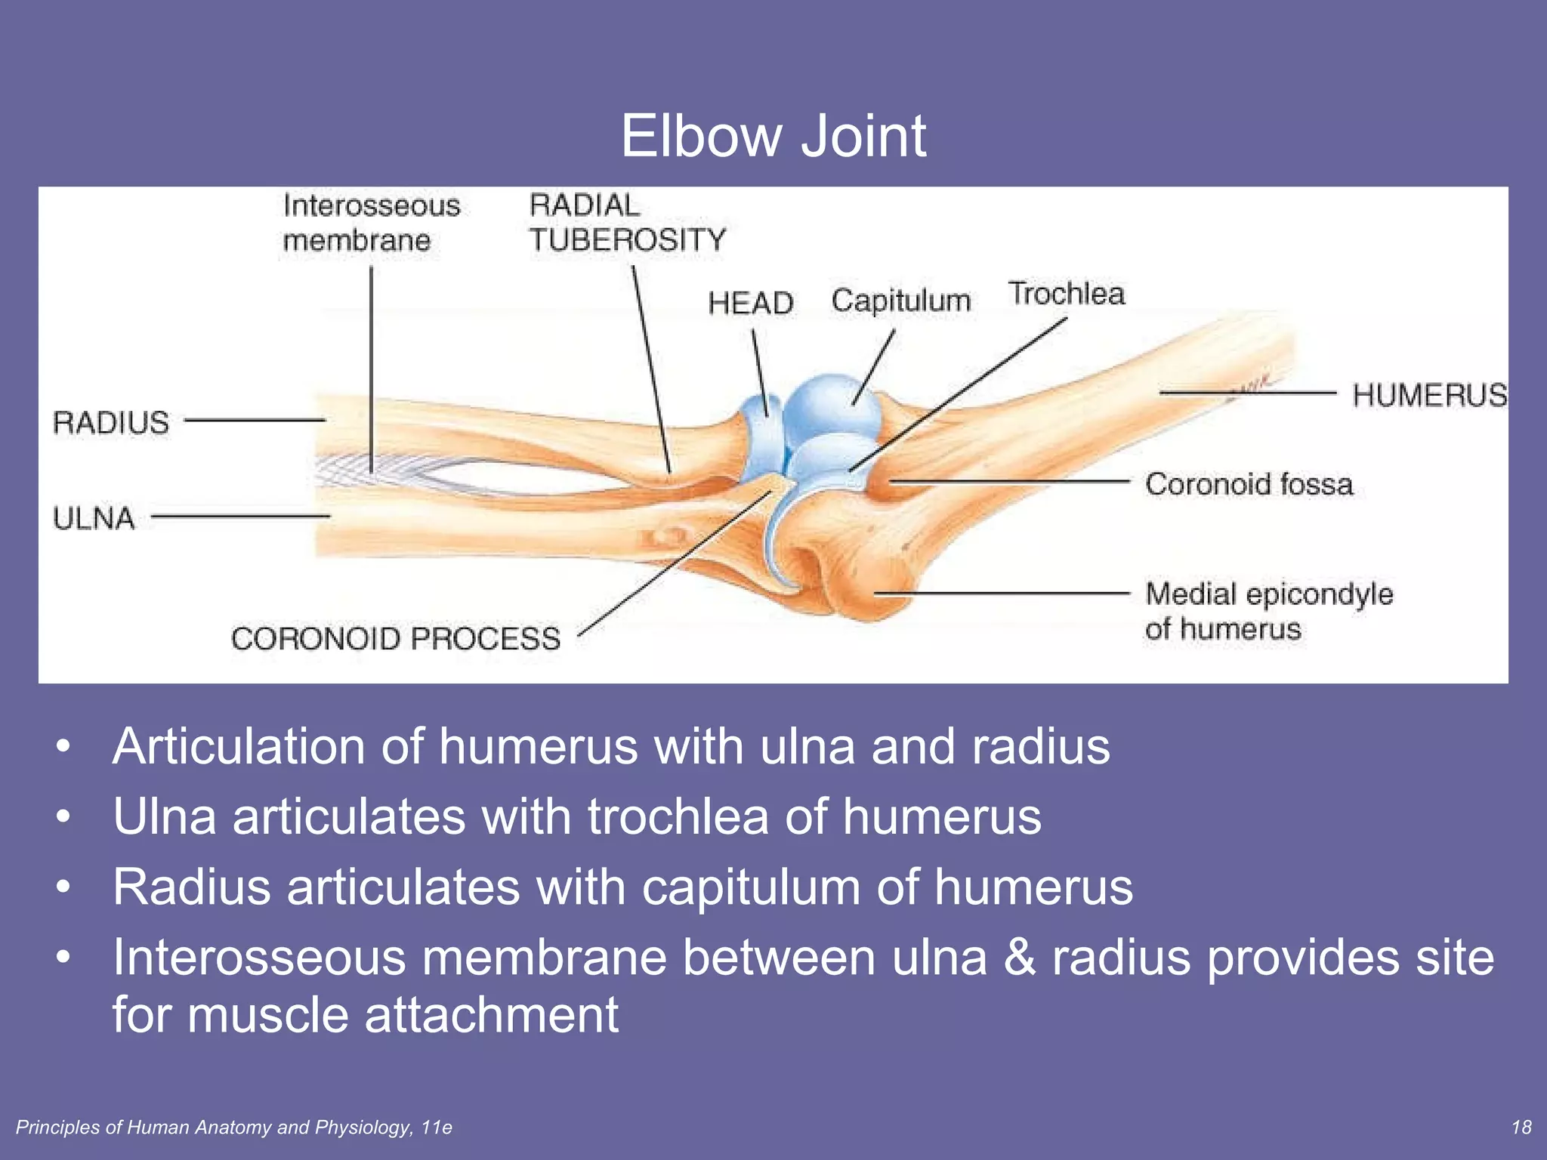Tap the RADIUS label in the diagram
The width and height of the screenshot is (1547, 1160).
[x=111, y=422]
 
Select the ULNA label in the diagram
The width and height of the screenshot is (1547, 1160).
[x=94, y=519]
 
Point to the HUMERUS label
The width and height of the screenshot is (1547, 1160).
[x=1428, y=395]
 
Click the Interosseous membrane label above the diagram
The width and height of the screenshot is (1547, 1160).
[x=371, y=223]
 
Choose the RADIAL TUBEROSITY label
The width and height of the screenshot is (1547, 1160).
[x=626, y=223]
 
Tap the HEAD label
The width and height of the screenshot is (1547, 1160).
[x=750, y=303]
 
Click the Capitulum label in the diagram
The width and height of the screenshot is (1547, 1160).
[x=900, y=301]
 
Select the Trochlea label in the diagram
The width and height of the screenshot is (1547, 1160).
[x=1066, y=294]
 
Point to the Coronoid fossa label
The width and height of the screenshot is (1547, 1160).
[x=1249, y=484]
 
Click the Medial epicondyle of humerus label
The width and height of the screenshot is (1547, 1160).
[x=1268, y=611]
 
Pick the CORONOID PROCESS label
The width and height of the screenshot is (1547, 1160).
[x=396, y=639]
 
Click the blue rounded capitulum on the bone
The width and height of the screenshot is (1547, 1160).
[x=831, y=408]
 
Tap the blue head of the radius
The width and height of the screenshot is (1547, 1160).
[x=759, y=438]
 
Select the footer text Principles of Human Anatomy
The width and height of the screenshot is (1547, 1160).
[x=233, y=1128]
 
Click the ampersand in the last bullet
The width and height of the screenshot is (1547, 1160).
[x=1019, y=958]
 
